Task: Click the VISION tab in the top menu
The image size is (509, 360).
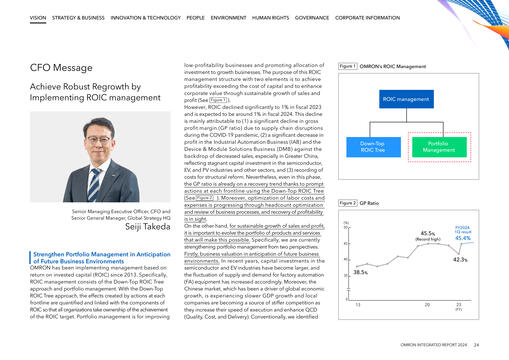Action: [x=38, y=18]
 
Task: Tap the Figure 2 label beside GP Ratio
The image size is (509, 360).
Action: [x=349, y=202]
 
